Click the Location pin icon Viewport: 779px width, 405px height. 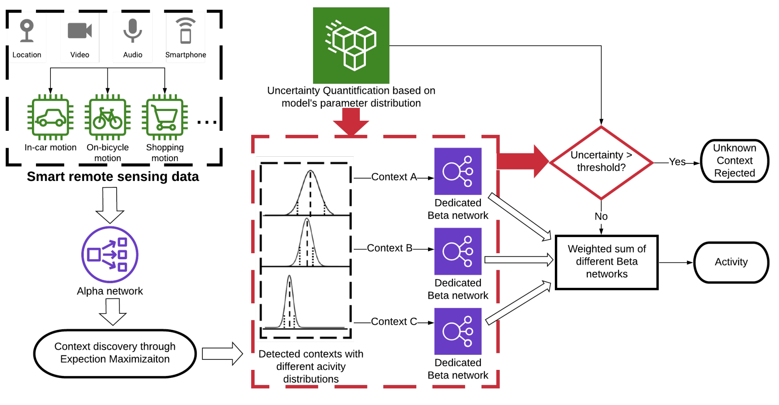(27, 31)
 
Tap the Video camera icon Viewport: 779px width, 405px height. (80, 31)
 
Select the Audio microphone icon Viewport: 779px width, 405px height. (132, 31)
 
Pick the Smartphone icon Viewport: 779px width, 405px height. (185, 31)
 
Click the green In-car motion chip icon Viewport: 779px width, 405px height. (50, 117)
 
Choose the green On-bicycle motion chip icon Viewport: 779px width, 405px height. (107, 117)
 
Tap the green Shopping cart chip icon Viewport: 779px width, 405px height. (165, 117)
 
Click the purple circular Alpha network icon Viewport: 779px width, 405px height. (110, 254)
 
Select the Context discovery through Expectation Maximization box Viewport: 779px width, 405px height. (115, 353)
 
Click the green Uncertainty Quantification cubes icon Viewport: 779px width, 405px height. (351, 45)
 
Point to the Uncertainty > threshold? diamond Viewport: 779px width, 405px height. (601, 162)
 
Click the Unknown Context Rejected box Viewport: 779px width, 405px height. (735, 161)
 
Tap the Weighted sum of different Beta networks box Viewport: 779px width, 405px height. (607, 262)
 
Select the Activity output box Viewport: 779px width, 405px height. (731, 262)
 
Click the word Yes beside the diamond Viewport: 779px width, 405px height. (677, 162)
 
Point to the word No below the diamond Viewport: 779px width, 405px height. (601, 216)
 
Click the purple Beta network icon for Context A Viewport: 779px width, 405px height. (458, 171)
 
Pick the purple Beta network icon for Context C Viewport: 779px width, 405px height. (458, 331)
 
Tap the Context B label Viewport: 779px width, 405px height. (389, 248)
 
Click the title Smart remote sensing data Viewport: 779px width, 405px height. (113, 176)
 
